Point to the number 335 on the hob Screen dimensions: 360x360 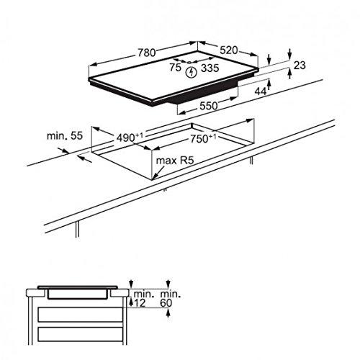point(210,69)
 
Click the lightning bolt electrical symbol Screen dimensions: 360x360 point(192,71)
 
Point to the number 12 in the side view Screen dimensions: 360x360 point(140,304)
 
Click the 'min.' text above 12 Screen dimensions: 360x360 point(142,294)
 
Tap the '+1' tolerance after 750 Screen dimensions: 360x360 point(215,134)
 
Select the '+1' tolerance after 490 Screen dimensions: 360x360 point(138,134)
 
